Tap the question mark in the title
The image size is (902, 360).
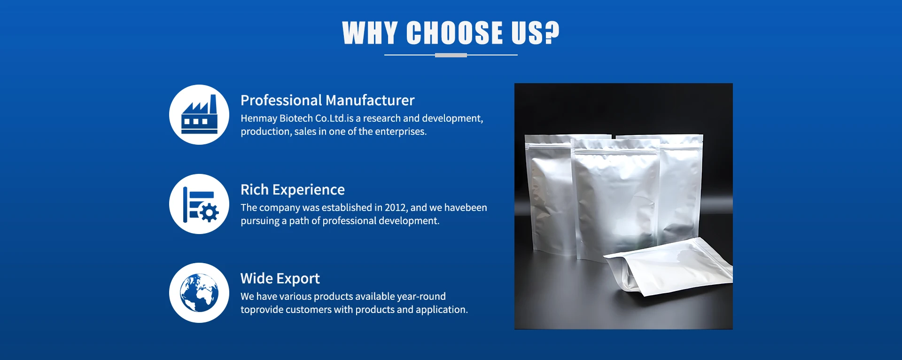(552, 33)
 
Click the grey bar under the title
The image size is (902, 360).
(451, 55)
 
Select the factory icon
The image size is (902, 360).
(199, 115)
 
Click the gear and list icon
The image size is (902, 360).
(201, 204)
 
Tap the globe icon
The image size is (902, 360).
(199, 293)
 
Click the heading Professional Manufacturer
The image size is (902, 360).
(327, 100)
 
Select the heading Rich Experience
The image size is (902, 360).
(293, 189)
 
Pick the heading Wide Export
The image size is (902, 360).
(280, 278)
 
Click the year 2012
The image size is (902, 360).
(396, 207)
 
